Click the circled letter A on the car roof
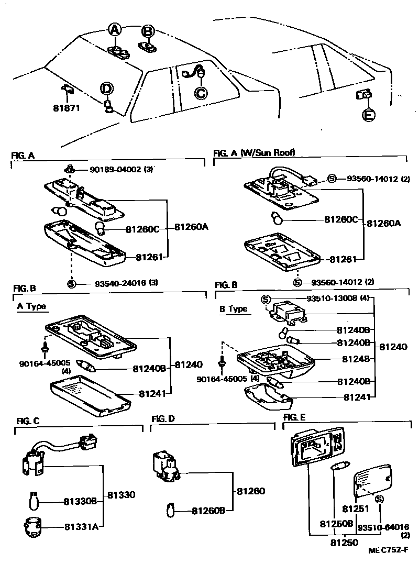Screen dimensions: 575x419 [x=115, y=30]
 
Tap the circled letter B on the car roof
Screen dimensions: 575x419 [x=148, y=31]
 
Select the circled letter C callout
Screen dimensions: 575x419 [x=201, y=93]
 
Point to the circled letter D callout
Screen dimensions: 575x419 [x=106, y=89]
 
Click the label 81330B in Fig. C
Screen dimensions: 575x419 [x=81, y=502]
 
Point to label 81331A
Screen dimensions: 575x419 [x=81, y=526]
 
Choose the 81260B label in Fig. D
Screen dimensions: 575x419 [x=208, y=510]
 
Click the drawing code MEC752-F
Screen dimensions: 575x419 [x=387, y=549]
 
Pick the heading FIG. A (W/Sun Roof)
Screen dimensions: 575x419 [x=254, y=152]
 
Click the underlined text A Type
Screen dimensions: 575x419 [x=31, y=306]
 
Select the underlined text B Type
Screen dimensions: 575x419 [x=233, y=309]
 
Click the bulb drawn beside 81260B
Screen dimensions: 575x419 [x=170, y=508]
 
